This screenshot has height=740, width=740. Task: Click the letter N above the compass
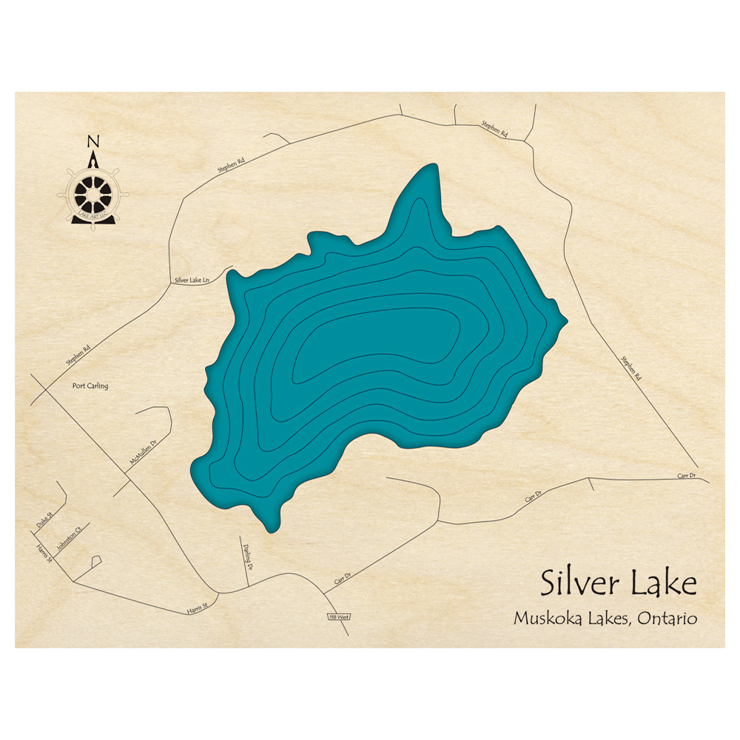pyautogui.click(x=92, y=141)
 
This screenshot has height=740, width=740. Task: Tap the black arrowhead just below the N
pyautogui.click(x=93, y=160)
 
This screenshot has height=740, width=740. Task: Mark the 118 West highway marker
pyautogui.click(x=338, y=616)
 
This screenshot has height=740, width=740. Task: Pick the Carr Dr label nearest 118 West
pyautogui.click(x=341, y=578)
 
